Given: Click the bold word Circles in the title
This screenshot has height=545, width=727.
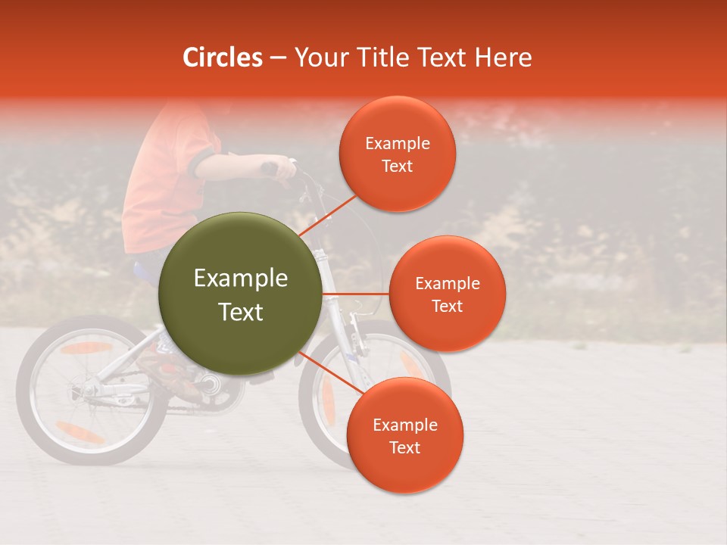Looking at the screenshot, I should (x=223, y=58).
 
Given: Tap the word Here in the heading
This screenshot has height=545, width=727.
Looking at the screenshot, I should (x=503, y=58).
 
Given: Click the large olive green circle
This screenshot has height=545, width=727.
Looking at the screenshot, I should (x=240, y=294).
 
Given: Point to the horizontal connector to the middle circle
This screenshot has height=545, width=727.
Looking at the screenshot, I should (x=356, y=293).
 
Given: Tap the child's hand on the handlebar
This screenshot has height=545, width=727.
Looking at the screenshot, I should (x=282, y=167).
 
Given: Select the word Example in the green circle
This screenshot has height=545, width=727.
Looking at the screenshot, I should (x=240, y=279).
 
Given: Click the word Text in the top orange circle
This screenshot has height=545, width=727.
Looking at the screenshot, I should (x=397, y=166).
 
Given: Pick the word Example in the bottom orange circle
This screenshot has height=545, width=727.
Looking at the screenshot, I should (x=404, y=425).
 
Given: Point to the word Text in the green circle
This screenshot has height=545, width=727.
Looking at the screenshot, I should (x=240, y=312).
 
